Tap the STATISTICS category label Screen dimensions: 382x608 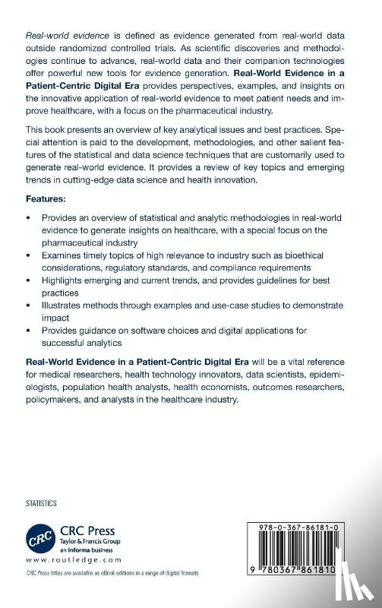click(42, 503)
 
